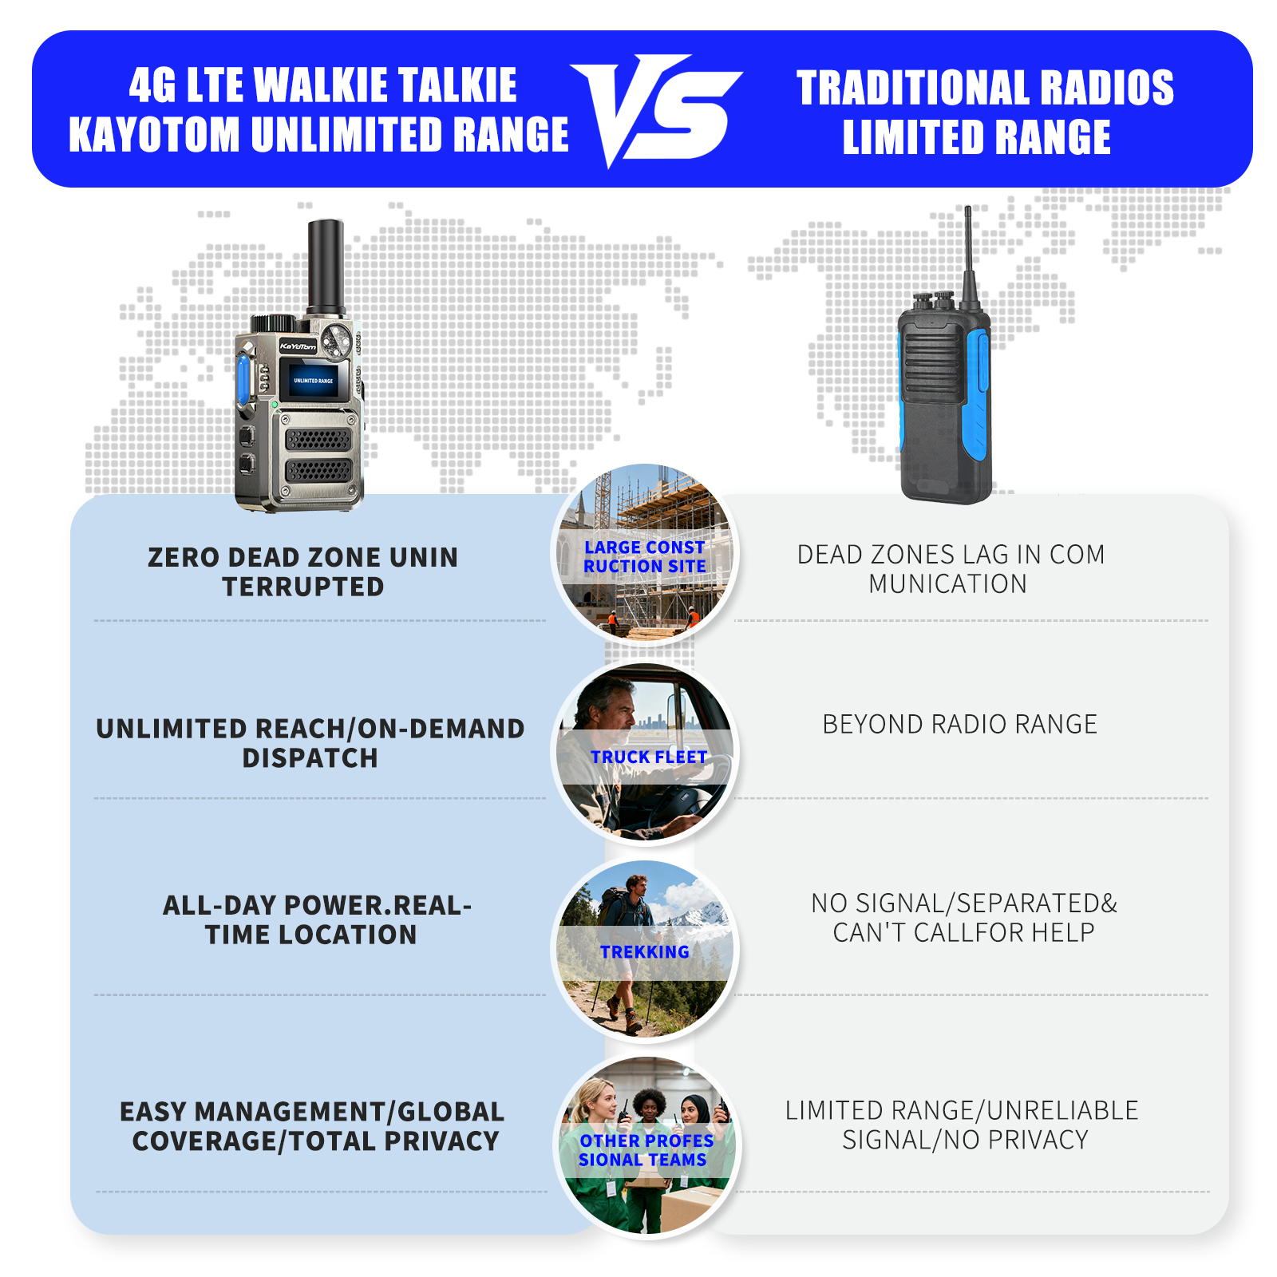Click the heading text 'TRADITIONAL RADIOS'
[985, 88]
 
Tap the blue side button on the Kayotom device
[243, 377]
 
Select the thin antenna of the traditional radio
[969, 255]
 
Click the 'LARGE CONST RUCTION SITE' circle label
[644, 556]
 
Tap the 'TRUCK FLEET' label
[648, 757]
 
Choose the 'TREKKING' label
[644, 951]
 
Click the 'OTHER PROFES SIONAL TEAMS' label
[645, 1150]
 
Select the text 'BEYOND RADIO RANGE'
[959, 724]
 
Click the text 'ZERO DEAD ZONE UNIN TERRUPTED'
[303, 571]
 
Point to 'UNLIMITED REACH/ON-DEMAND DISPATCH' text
[310, 743]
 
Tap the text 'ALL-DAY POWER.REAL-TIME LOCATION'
[317, 919]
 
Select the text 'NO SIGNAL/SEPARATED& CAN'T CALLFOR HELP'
[963, 917]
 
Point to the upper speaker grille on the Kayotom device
[318, 439]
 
